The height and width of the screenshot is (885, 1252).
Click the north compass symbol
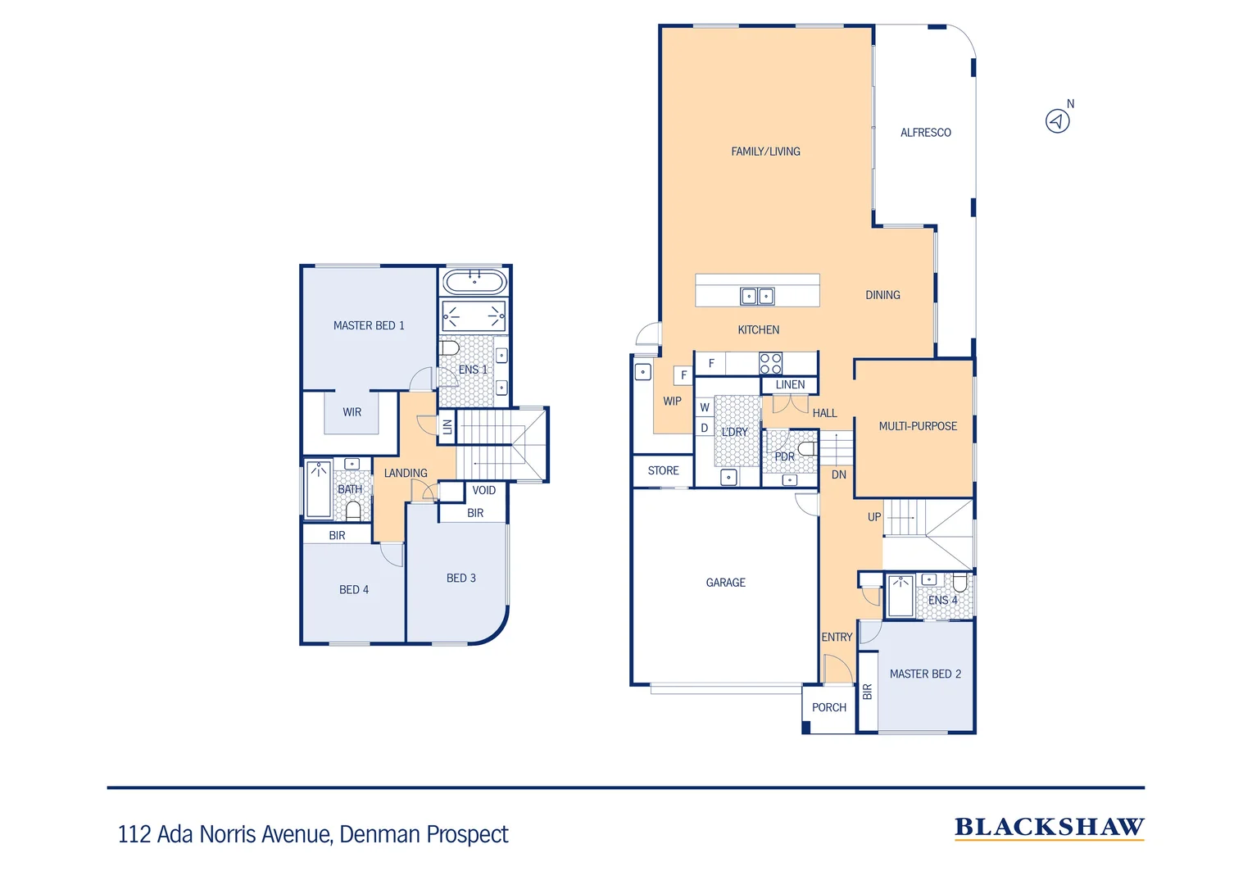point(1058,121)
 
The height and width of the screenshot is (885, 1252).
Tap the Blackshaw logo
point(1049,828)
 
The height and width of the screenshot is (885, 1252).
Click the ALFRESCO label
point(925,133)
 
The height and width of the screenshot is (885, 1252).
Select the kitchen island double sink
point(757,296)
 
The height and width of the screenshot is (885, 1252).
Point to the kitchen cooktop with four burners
point(770,363)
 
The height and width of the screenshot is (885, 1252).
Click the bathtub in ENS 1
point(474,283)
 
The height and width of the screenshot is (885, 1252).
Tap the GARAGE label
point(725,583)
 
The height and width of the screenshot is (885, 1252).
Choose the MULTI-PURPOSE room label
point(917,426)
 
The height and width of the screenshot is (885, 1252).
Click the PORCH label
point(828,707)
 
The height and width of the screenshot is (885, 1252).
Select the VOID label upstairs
point(483,490)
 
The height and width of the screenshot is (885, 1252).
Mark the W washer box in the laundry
point(704,407)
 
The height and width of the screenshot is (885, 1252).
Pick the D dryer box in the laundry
point(704,428)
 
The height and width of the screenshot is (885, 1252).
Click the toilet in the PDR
point(807,448)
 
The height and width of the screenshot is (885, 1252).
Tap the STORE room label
point(663,470)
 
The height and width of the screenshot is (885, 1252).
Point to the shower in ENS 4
point(900,596)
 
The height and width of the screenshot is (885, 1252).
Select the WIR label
point(352,412)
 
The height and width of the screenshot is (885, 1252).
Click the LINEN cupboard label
point(790,384)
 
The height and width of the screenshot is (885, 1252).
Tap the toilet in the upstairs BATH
point(353,511)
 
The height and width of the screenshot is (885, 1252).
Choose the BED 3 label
point(460,578)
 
